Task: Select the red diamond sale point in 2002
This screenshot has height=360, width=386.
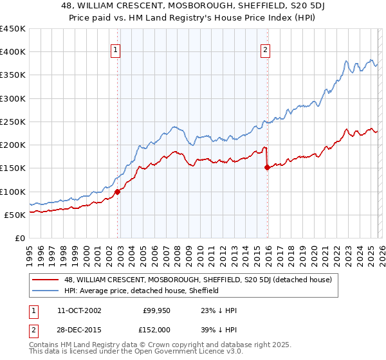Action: pos(118,191)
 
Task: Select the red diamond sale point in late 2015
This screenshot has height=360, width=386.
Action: pos(268,167)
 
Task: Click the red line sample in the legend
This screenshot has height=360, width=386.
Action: pos(46,280)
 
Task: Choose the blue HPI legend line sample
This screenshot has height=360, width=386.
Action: pos(46,291)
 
